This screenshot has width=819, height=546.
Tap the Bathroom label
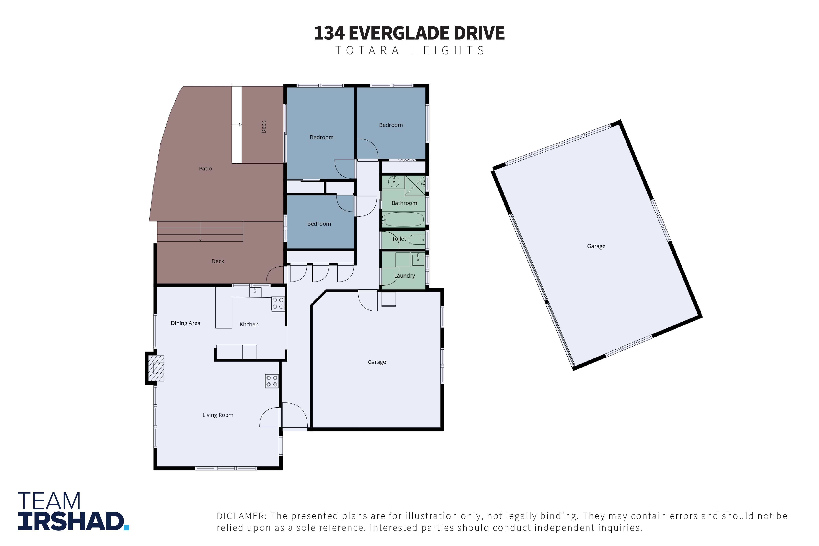click(x=404, y=203)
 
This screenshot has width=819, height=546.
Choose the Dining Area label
click(x=186, y=323)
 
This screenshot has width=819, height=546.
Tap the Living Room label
click(x=218, y=415)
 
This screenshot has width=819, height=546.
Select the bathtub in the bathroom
click(x=404, y=220)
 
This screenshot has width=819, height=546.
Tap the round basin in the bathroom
click(x=394, y=181)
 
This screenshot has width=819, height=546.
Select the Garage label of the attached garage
click(x=377, y=362)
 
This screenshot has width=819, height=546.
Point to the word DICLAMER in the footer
click(x=242, y=516)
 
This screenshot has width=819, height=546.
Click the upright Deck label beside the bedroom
click(x=264, y=127)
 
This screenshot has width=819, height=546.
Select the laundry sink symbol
click(x=418, y=260)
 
